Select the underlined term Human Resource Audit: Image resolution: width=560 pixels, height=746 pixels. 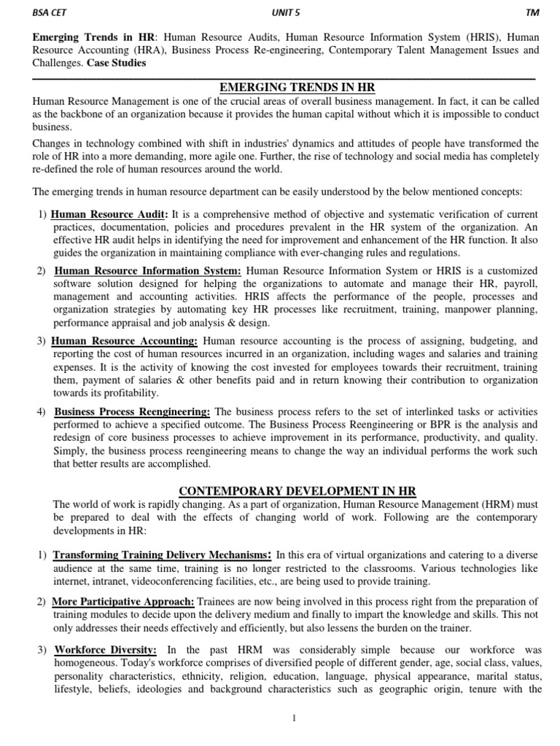(x=110, y=215)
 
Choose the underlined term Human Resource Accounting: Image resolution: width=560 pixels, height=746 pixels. (x=125, y=340)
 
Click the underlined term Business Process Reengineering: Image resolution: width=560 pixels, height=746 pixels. (x=133, y=412)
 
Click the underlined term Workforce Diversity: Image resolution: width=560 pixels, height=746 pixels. (x=104, y=649)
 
